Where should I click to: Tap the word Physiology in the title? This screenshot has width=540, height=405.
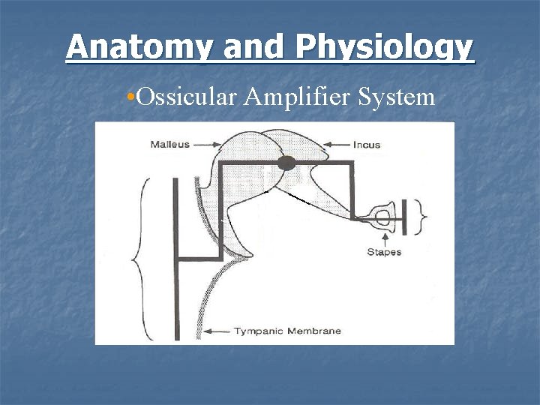[x=385, y=47]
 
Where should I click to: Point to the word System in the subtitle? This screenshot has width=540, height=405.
[x=400, y=97]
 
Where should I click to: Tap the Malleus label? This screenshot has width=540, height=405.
[x=169, y=144]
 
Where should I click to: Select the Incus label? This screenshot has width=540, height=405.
[x=367, y=144]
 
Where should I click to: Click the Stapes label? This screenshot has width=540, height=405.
[x=384, y=252]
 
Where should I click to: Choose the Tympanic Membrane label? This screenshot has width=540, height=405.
[x=287, y=331]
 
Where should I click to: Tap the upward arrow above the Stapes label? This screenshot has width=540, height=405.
[x=384, y=236]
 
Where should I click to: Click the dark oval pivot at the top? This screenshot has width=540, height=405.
[x=286, y=163]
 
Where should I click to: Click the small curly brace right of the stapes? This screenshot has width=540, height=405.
[x=424, y=217]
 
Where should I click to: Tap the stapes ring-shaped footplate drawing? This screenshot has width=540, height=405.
[x=382, y=218]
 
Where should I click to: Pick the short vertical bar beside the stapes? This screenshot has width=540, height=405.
[x=406, y=217]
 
